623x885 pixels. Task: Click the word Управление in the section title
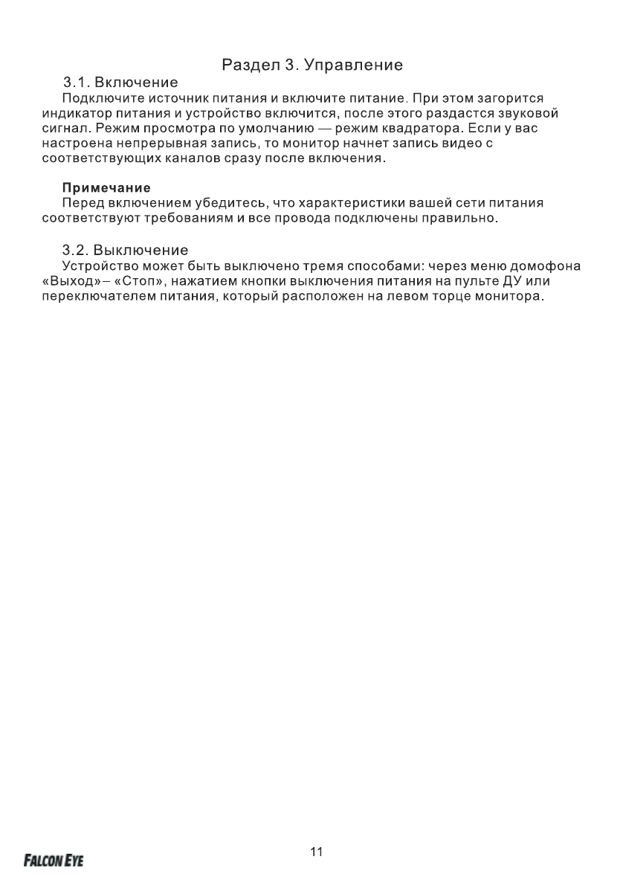click(354, 65)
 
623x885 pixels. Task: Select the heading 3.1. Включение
click(120, 82)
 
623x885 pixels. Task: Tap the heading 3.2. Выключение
click(126, 249)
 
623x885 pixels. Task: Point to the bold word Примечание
click(106, 187)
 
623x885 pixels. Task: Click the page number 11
click(317, 852)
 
